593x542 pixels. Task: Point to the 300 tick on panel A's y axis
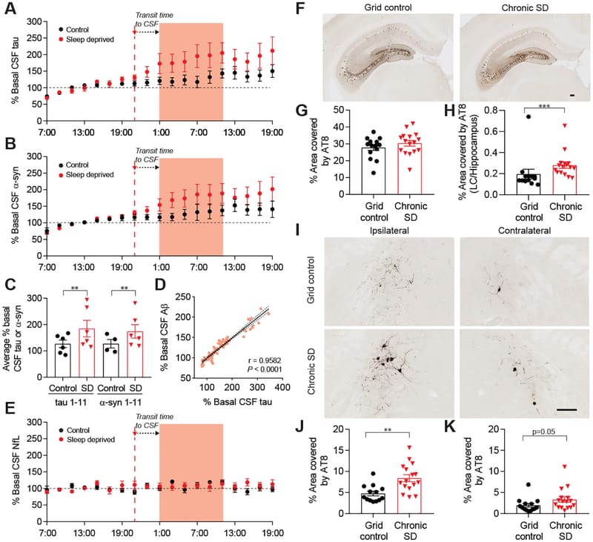tap(33, 22)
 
